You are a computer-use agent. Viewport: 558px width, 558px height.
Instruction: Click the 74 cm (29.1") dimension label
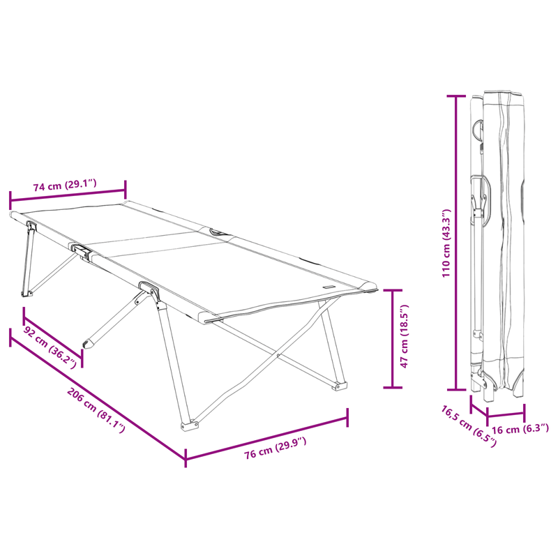(x=65, y=186)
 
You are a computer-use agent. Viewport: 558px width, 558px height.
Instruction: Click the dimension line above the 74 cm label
(x=68, y=197)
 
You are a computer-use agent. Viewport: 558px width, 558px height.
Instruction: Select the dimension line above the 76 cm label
(x=266, y=438)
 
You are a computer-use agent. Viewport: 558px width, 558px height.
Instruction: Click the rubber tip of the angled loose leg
(x=87, y=343)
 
